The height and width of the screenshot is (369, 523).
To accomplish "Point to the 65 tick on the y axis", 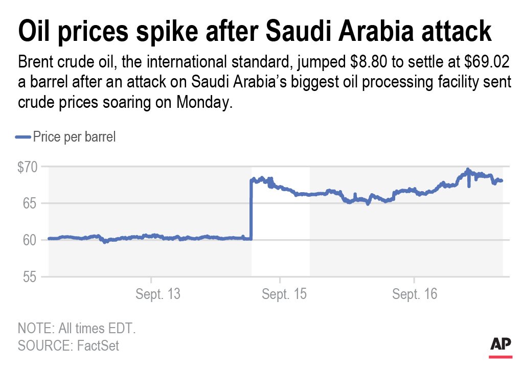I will pyautogui.click(x=31, y=203).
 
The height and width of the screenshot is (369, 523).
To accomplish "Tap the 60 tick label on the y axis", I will pyautogui.click(x=31, y=240).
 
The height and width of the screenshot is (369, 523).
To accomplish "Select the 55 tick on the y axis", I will pyautogui.click(x=31, y=277).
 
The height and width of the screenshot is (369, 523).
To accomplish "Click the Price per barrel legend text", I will pyautogui.click(x=74, y=137).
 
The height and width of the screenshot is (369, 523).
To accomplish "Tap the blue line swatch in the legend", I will pyautogui.click(x=24, y=137).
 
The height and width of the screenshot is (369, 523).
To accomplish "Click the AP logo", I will pyautogui.click(x=501, y=345).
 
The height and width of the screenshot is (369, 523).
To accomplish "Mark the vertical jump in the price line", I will pyautogui.click(x=251, y=210).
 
